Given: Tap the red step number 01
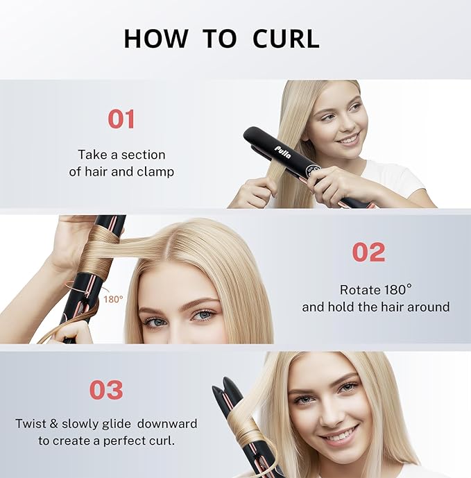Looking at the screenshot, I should tap(121, 119).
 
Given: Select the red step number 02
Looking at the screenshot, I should tap(368, 253).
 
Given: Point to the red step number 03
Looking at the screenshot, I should tap(106, 390).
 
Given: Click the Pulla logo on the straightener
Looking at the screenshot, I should tap(284, 151).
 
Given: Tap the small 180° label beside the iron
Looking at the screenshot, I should tap(113, 299).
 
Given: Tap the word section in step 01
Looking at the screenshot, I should tap(144, 155).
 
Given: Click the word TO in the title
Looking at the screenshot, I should tap(219, 39).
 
